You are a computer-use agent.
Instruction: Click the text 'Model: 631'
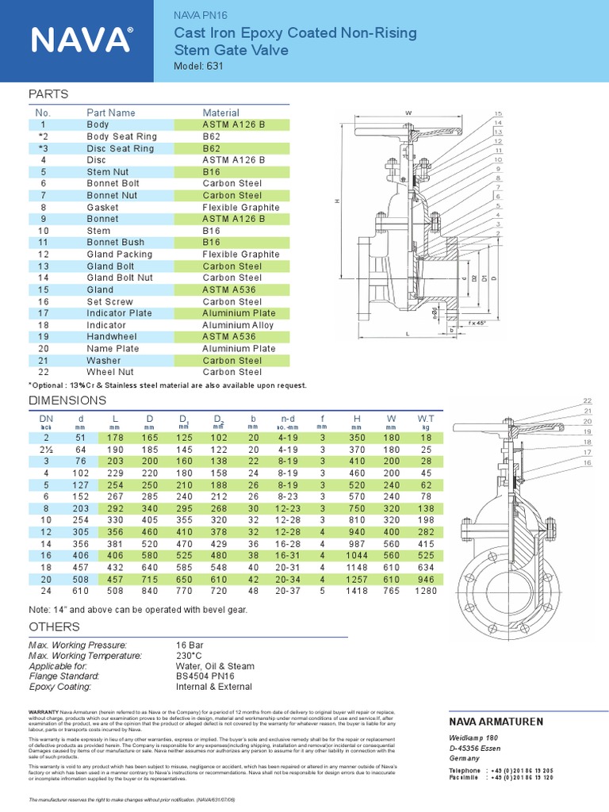(x=198, y=67)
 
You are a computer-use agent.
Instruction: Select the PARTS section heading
(x=48, y=94)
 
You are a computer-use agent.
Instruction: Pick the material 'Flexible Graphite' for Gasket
(x=241, y=207)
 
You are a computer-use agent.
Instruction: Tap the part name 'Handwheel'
(x=111, y=337)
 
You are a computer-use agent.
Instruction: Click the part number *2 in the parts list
(x=44, y=136)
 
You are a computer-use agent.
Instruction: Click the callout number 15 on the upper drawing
(x=498, y=114)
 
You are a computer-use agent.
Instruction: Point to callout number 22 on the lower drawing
(x=588, y=401)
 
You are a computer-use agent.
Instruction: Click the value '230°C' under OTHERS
(x=190, y=657)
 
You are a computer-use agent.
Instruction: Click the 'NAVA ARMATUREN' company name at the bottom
(x=496, y=722)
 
